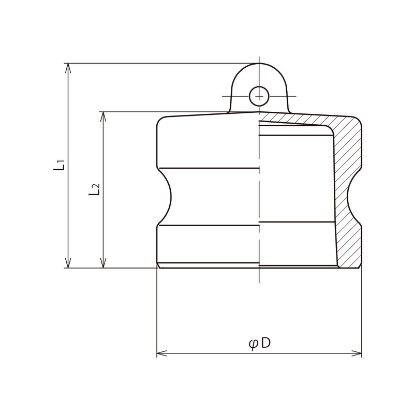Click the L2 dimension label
94,189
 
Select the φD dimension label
260,344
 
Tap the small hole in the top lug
259,96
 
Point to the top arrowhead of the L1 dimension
68,68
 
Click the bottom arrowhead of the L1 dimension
68,263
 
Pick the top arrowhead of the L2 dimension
103,116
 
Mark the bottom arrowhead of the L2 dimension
103,263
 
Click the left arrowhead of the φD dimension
162,353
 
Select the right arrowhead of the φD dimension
357,353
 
